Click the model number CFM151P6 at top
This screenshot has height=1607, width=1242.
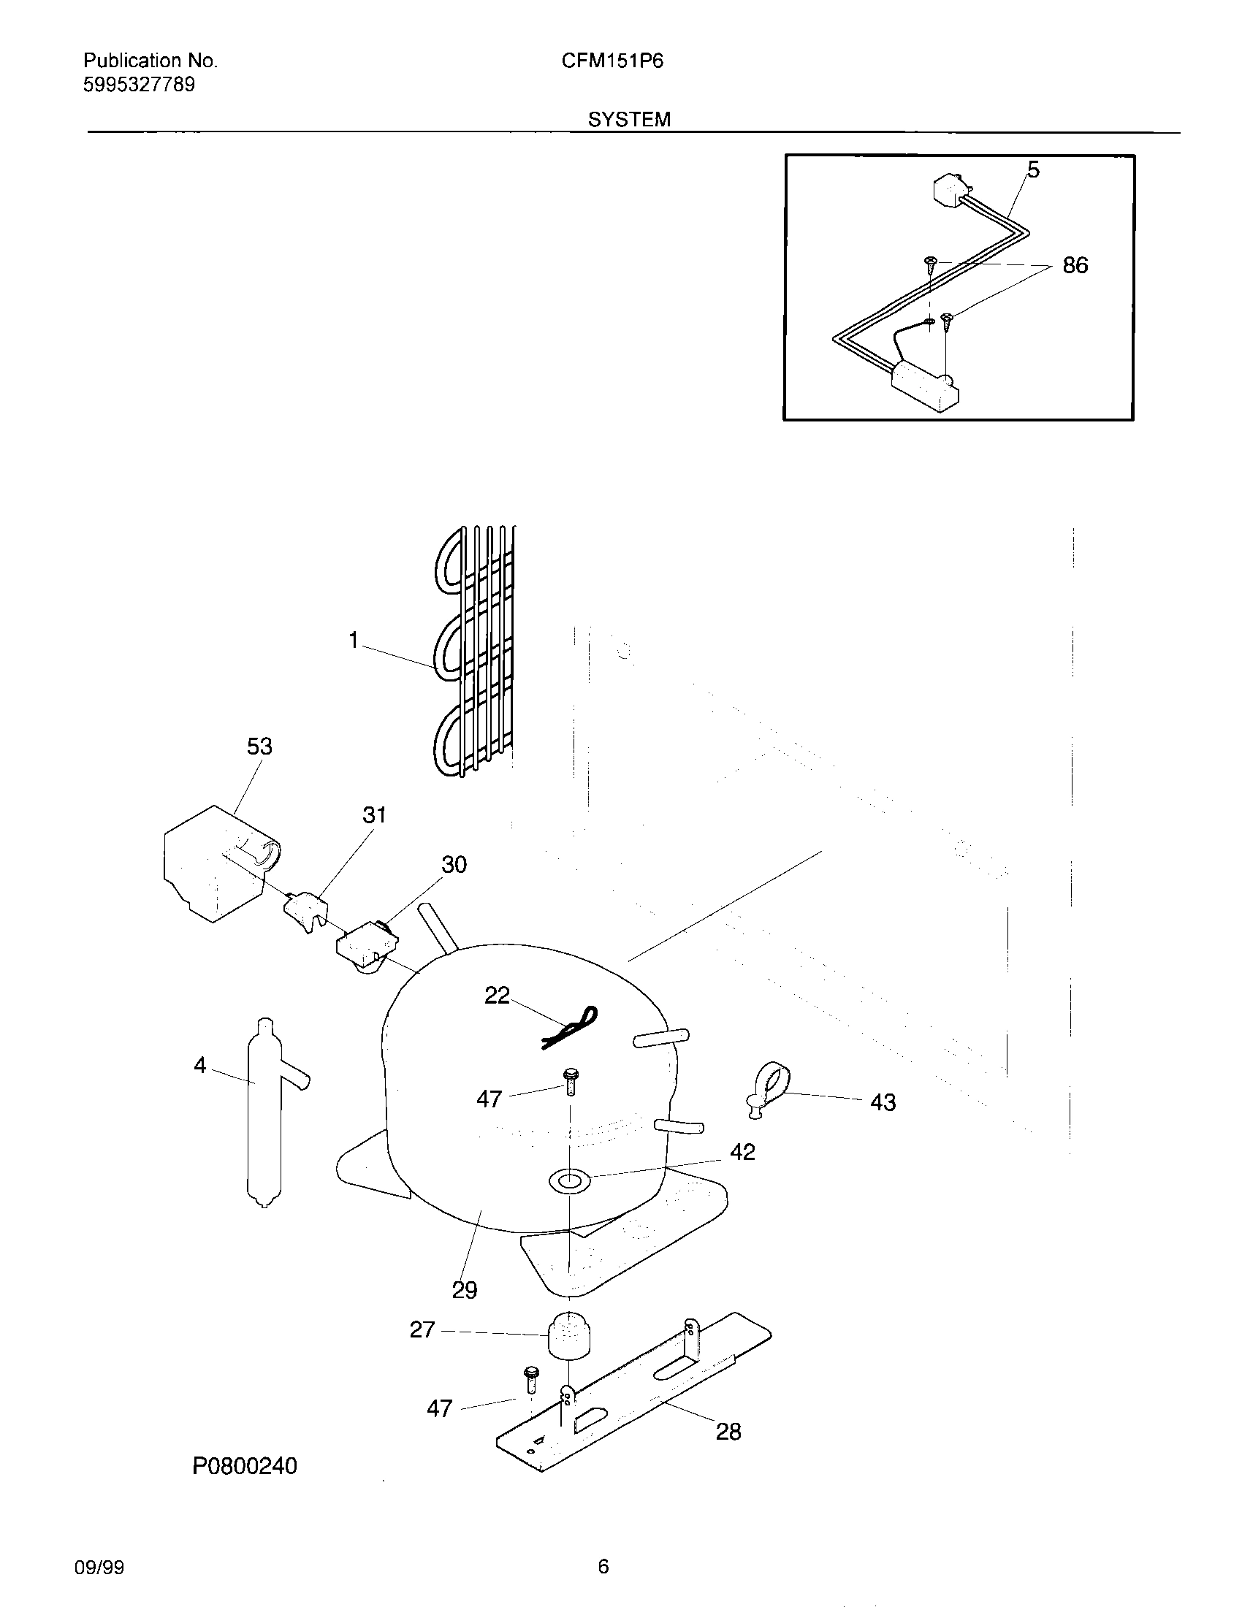612,61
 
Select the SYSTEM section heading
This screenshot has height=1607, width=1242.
629,120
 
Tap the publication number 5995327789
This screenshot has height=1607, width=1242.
139,85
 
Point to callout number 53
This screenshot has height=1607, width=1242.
259,746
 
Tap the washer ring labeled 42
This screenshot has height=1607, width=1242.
568,1182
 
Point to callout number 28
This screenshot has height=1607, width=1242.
728,1432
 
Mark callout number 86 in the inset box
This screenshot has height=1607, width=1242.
1075,266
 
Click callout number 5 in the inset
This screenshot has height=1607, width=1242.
1033,171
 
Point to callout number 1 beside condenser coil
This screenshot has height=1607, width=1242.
353,641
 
